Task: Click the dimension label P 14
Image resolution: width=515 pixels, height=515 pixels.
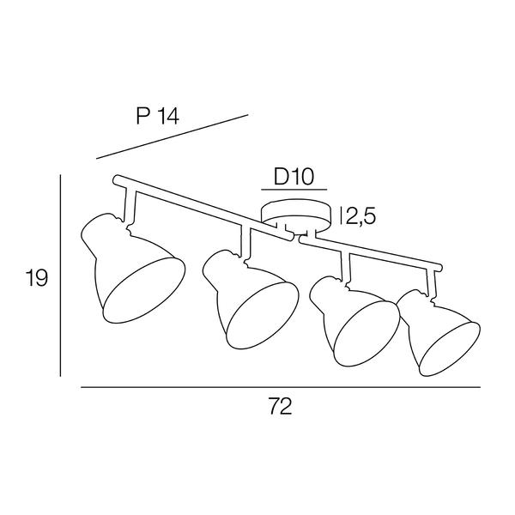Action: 158,116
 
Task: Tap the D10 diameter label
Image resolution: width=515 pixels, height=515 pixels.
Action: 294,177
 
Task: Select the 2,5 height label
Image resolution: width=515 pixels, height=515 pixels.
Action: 360,216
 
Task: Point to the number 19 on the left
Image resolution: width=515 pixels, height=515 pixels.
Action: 37,278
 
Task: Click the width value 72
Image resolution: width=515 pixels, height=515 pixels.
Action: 280,406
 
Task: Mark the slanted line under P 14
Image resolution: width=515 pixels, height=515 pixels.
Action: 173,136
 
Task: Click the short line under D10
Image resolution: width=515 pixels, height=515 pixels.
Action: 294,190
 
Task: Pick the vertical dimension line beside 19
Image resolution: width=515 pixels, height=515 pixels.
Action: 60,276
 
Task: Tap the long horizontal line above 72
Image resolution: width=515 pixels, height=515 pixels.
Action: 281,387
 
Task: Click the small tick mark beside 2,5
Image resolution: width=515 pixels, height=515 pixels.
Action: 342,215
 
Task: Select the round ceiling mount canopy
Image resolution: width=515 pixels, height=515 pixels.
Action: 295,217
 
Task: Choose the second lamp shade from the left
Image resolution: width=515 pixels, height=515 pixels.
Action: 251,300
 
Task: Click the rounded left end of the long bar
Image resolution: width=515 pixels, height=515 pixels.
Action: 116,179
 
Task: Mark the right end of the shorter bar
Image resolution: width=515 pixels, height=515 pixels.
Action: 439,267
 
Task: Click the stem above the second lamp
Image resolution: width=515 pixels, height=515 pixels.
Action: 245,241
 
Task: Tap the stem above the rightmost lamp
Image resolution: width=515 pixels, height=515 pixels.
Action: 431,282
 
